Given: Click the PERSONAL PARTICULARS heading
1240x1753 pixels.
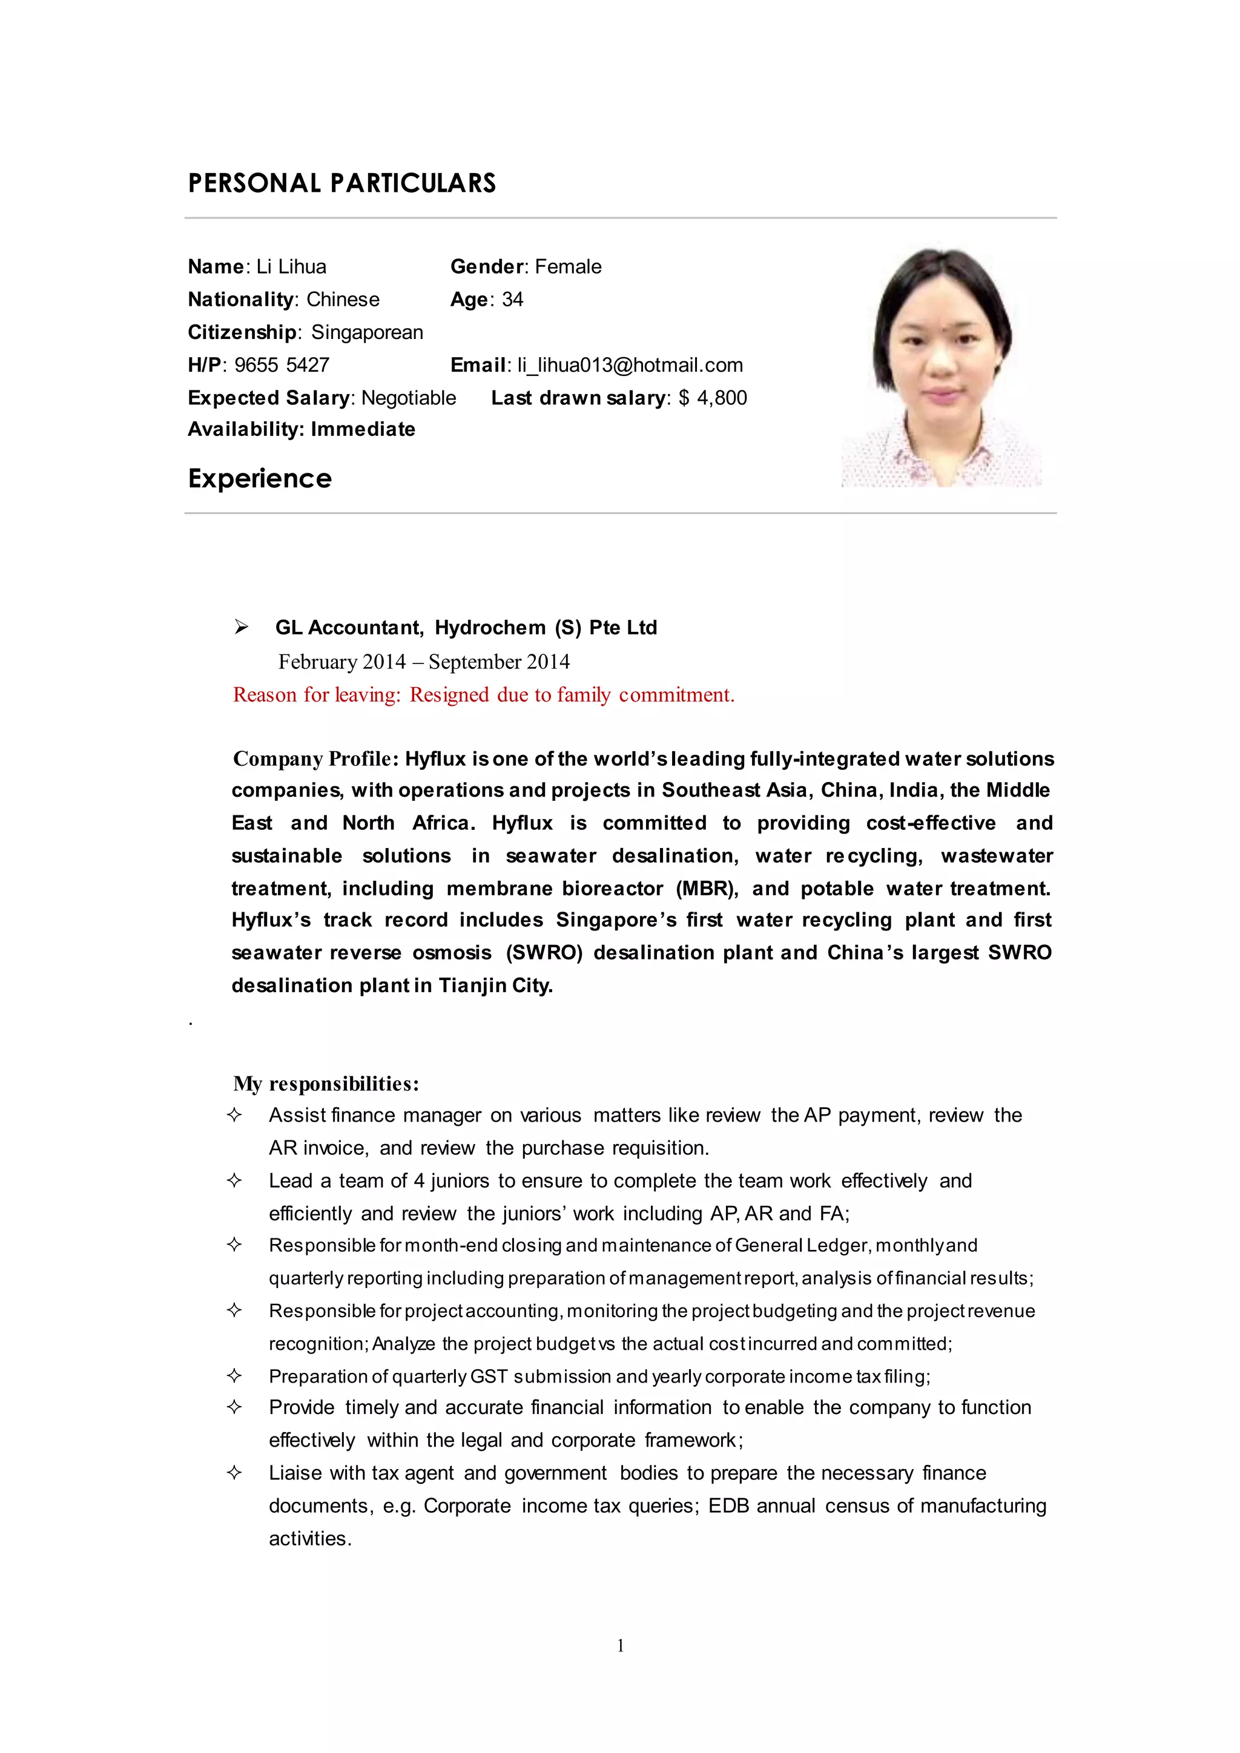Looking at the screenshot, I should tap(341, 183).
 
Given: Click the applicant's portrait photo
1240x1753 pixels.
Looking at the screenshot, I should tap(941, 366).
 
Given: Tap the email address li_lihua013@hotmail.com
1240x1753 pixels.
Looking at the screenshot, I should tap(630, 365).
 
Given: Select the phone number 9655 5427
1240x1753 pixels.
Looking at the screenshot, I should tap(282, 365).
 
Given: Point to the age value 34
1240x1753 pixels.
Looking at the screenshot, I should tap(512, 299).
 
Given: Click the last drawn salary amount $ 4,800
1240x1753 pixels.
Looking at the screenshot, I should tap(713, 398).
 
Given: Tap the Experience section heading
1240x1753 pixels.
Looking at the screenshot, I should tap(260, 479).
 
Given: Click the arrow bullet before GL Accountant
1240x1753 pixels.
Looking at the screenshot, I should tap(242, 627).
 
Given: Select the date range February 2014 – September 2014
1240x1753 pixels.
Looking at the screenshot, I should tap(424, 662).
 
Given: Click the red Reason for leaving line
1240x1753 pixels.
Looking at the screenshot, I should tap(483, 695).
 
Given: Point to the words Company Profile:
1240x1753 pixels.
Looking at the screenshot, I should tap(315, 759).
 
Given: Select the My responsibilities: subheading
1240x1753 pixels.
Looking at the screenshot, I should tap(326, 1084).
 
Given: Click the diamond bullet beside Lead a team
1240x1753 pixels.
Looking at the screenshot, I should tap(234, 1180).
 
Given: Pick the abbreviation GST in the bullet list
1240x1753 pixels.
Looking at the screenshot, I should tap(489, 1376).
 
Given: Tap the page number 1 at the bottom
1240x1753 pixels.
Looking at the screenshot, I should tap(620, 1645).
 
